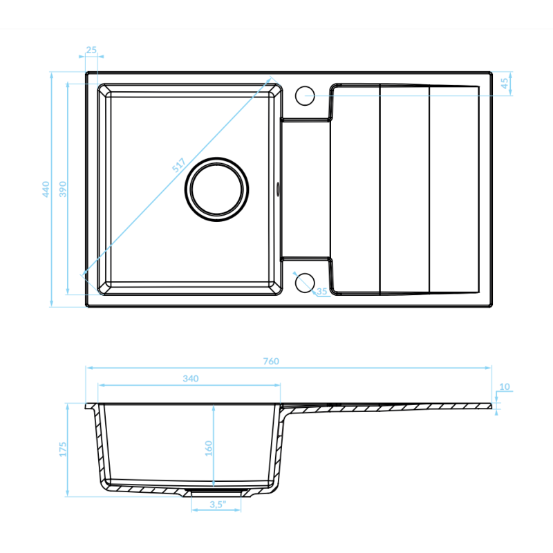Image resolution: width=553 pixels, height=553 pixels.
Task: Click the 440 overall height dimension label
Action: [x=46, y=189]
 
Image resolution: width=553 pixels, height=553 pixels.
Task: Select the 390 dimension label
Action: [x=62, y=189]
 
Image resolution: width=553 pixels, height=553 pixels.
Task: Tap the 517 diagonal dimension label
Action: [x=179, y=165]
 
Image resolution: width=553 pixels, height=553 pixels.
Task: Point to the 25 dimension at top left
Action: [x=91, y=50]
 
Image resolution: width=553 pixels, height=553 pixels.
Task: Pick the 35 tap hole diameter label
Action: [x=321, y=292]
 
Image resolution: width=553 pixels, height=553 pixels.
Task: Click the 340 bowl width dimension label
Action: [x=191, y=378]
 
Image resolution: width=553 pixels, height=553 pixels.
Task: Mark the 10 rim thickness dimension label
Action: [x=504, y=386]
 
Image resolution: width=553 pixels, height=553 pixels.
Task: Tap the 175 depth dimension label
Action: [x=62, y=449]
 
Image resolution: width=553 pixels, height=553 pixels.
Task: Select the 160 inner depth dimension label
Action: [x=209, y=448]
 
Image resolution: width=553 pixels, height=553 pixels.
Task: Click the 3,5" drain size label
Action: [x=217, y=505]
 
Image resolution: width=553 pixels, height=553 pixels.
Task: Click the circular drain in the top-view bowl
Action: [x=217, y=189]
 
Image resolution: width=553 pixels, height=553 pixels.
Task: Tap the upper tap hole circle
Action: [x=305, y=95]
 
